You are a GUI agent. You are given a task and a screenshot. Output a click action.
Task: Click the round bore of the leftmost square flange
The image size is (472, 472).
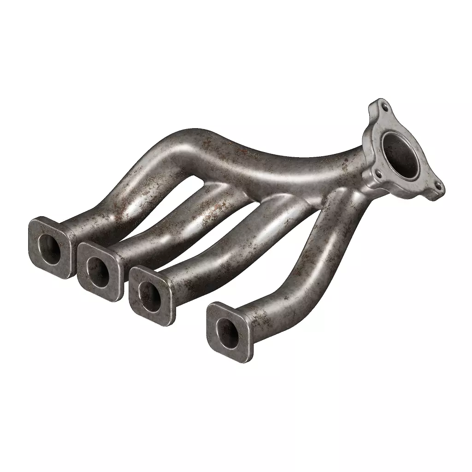click(50, 249)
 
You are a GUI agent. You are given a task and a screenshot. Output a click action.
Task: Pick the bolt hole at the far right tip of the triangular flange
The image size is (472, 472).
click(437, 186)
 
